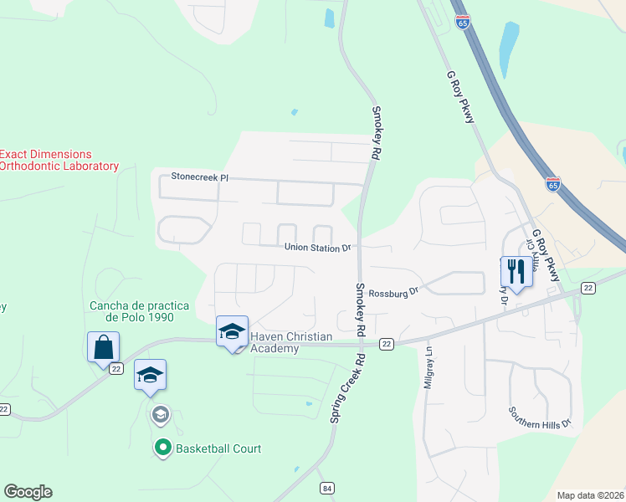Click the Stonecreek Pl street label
(199, 177)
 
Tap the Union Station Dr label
(317, 248)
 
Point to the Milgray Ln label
(428, 367)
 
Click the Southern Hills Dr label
(540, 417)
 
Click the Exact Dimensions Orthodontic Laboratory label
(59, 160)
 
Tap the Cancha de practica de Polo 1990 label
(131, 311)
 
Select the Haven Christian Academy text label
(291, 342)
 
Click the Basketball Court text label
(218, 448)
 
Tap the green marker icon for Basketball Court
(162, 448)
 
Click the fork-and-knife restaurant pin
(515, 270)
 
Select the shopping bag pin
(103, 346)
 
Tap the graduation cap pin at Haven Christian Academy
(232, 331)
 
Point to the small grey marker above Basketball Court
(160, 414)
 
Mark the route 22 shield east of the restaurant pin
(589, 287)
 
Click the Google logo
(28, 492)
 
